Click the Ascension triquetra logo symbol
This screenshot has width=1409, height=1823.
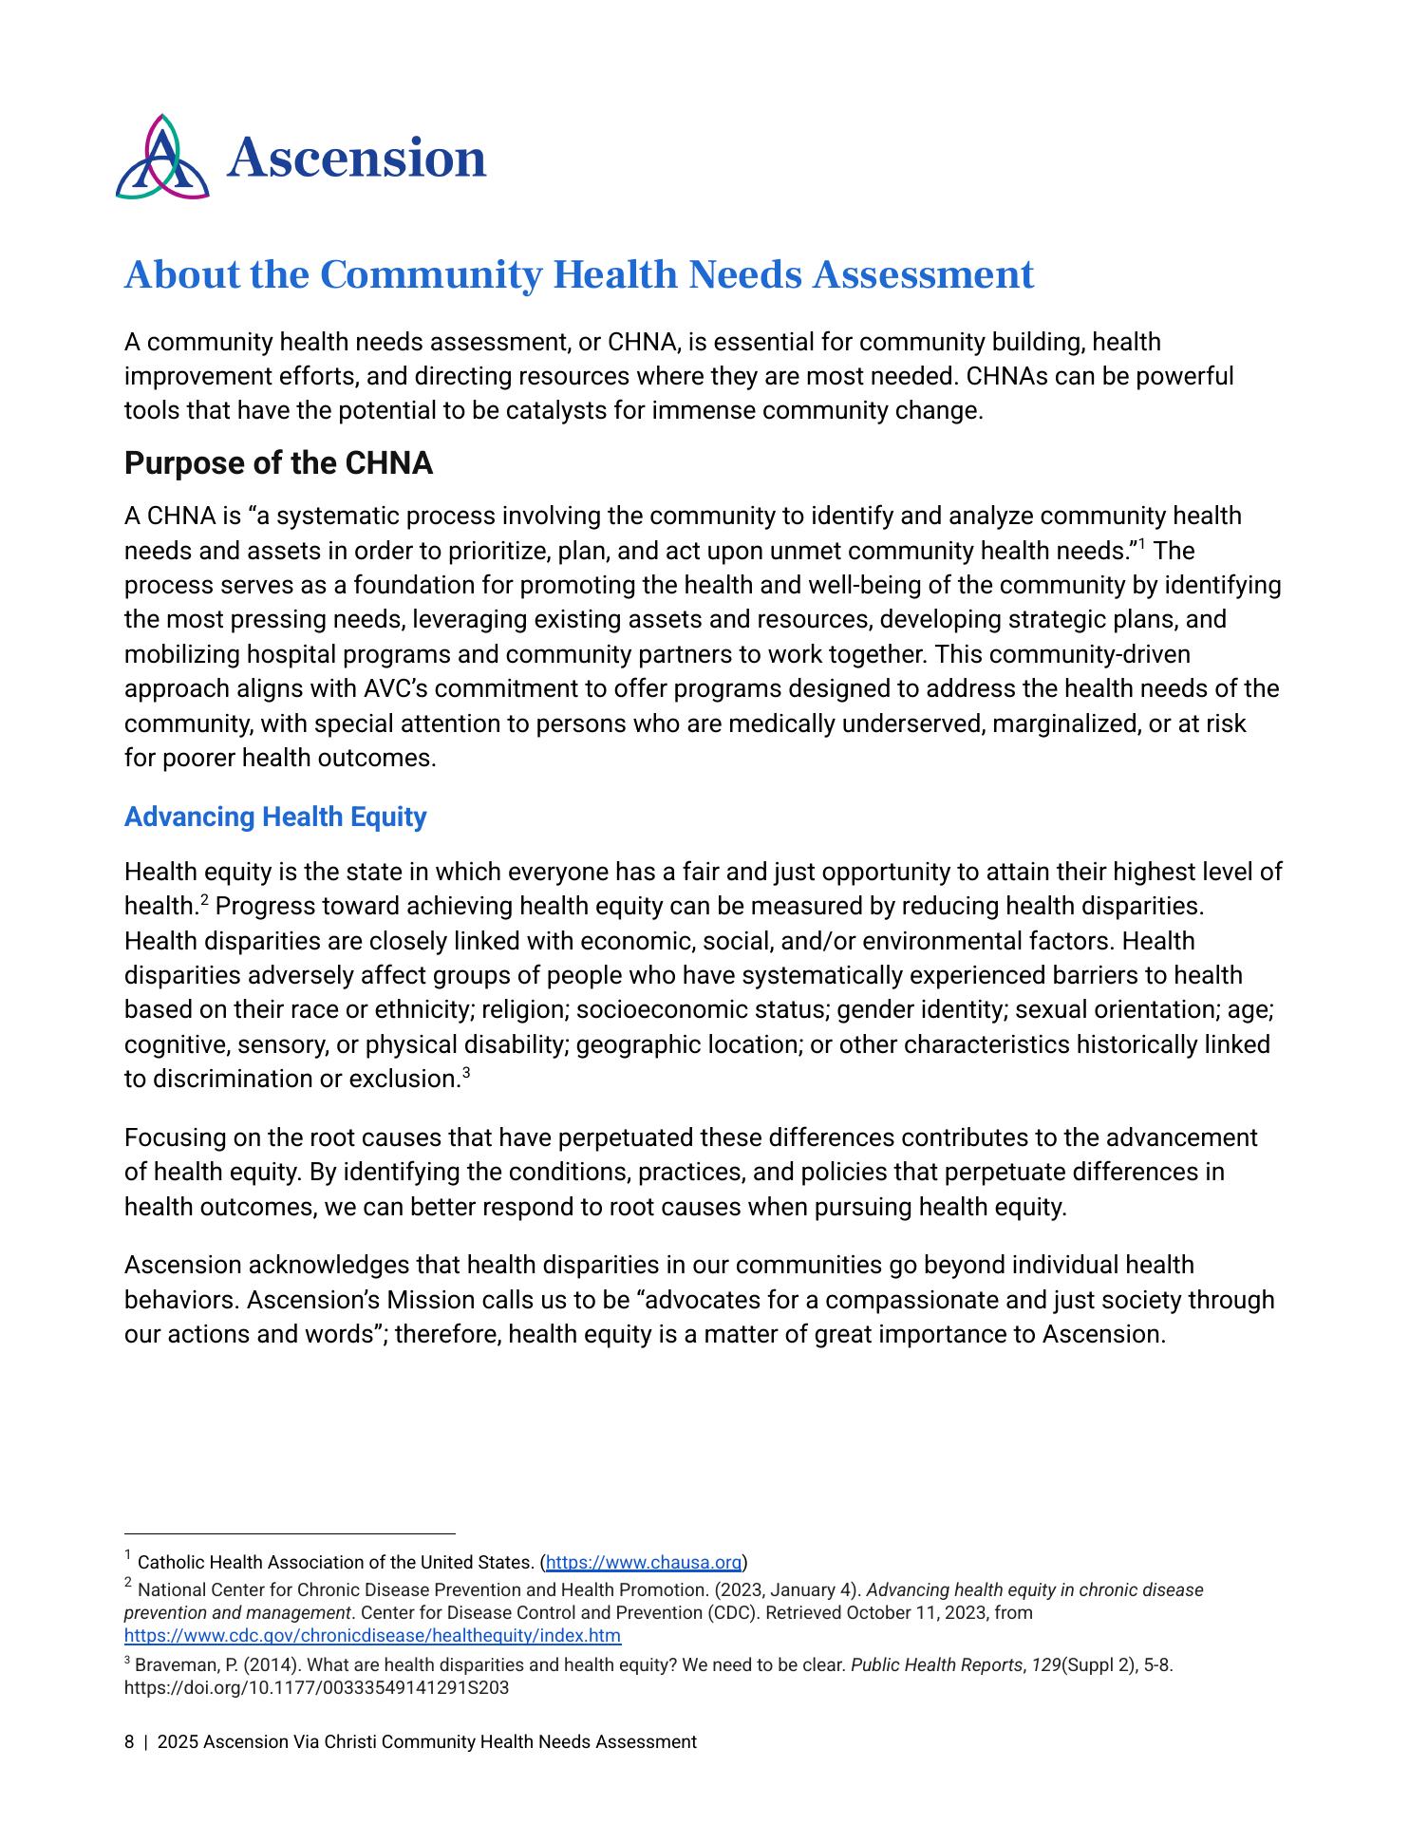click(161, 158)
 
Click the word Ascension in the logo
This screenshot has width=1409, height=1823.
click(356, 158)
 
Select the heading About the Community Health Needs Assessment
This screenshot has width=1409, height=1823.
click(578, 274)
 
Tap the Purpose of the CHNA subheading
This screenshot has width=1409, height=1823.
click(278, 463)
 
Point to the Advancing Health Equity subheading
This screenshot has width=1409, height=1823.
click(275, 817)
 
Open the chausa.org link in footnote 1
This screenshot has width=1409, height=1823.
click(643, 1562)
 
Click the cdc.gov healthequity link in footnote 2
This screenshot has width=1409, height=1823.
click(372, 1635)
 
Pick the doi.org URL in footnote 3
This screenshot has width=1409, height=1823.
click(316, 1688)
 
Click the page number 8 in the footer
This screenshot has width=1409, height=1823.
click(129, 1741)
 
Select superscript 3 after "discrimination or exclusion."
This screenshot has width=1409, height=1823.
click(466, 1073)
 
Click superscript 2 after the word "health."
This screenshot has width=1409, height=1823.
click(204, 899)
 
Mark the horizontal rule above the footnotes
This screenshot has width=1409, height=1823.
click(290, 1532)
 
